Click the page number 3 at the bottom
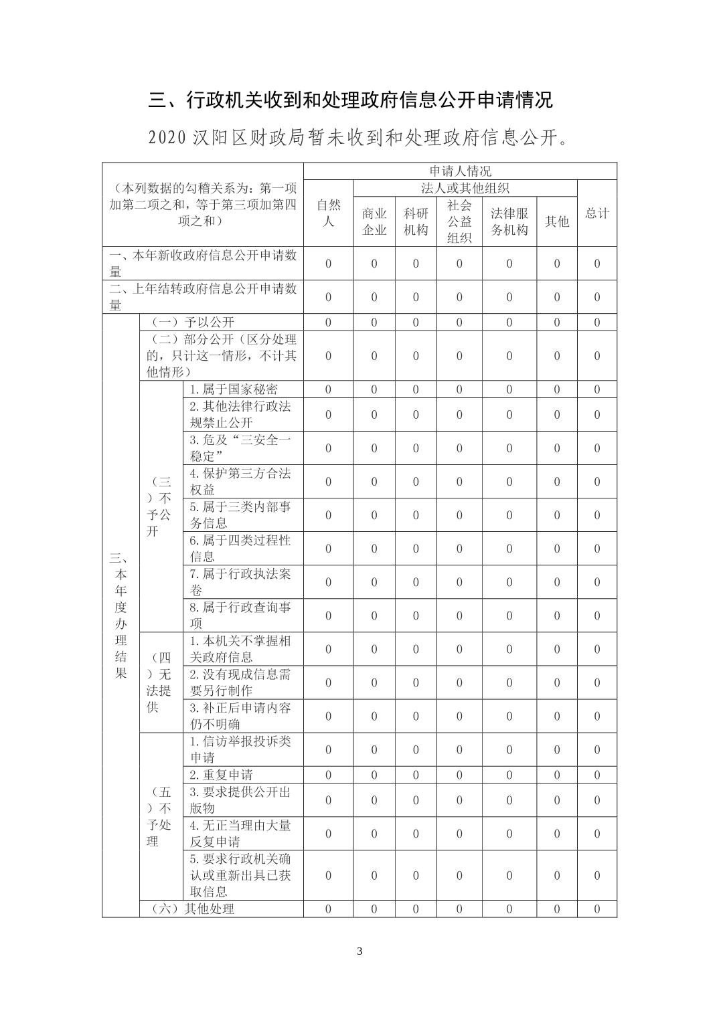pyautogui.click(x=359, y=951)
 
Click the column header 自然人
pyautogui.click(x=328, y=213)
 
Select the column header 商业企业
pyautogui.click(x=374, y=221)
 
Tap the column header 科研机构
pyautogui.click(x=415, y=221)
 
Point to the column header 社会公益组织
pyautogui.click(x=459, y=221)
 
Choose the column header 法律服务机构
pyautogui.click(x=509, y=221)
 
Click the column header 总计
pyautogui.click(x=596, y=213)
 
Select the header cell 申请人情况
pyautogui.click(x=459, y=171)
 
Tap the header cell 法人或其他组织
pyautogui.click(x=465, y=188)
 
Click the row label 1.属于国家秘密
pyautogui.click(x=234, y=389)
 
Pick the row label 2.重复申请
pyautogui.click(x=222, y=775)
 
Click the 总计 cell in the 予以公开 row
pyautogui.click(x=596, y=322)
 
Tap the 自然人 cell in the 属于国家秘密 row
pyautogui.click(x=328, y=389)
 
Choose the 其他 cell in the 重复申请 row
pyautogui.click(x=556, y=775)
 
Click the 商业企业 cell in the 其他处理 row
pyautogui.click(x=374, y=909)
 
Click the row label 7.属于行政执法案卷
pyautogui.click(x=240, y=582)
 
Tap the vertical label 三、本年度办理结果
pyautogui.click(x=121, y=615)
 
